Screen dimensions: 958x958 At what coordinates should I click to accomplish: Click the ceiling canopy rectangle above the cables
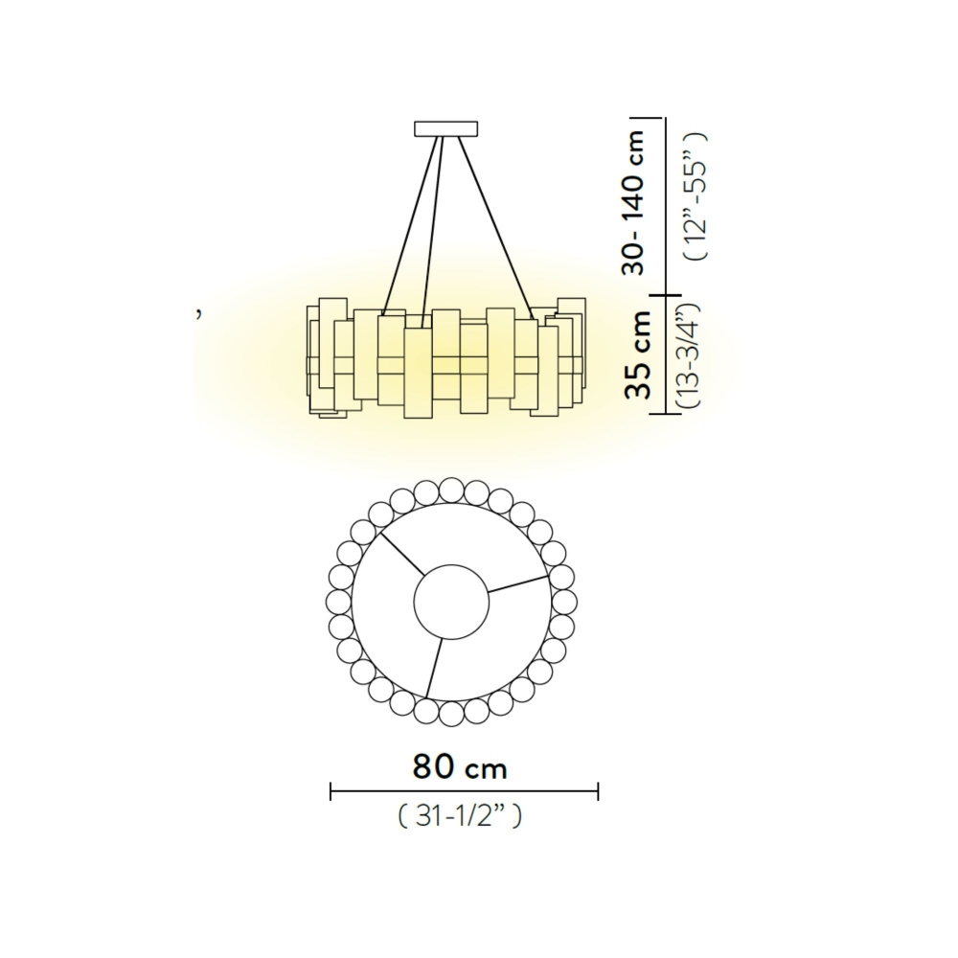[x=445, y=128]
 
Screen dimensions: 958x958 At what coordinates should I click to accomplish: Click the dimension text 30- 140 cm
[x=633, y=202]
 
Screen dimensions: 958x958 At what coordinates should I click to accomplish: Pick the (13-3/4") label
[x=693, y=355]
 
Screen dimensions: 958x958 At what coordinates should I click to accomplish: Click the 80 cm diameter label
[x=460, y=766]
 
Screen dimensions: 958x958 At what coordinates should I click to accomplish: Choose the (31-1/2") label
[x=460, y=816]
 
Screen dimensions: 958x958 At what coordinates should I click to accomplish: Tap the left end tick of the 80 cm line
[x=331, y=791]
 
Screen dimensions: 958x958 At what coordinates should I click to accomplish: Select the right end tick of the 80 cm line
[x=598, y=791]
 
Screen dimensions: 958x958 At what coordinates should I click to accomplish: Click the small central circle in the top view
[x=449, y=602]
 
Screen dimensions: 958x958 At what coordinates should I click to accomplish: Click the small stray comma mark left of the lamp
[x=198, y=313]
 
